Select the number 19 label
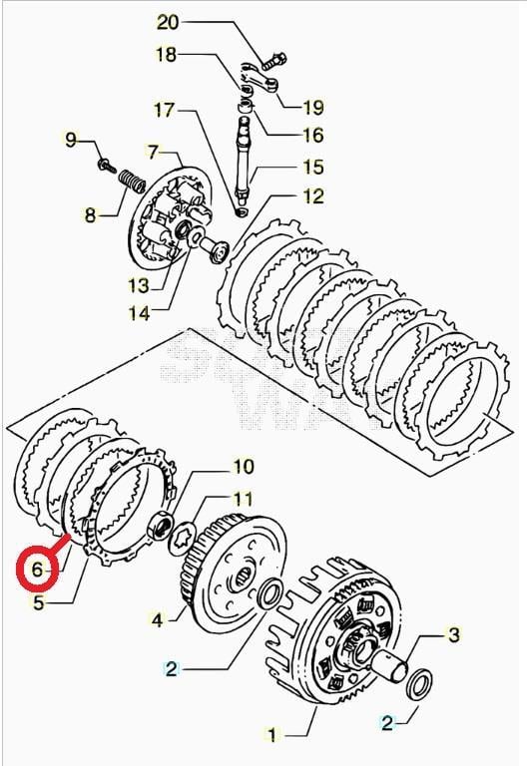313,106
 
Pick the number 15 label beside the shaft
313,168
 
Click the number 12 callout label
313,195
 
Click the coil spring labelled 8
127,183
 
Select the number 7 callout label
152,152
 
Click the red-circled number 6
37,570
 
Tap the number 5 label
37,601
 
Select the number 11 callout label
243,497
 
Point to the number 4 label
157,619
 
